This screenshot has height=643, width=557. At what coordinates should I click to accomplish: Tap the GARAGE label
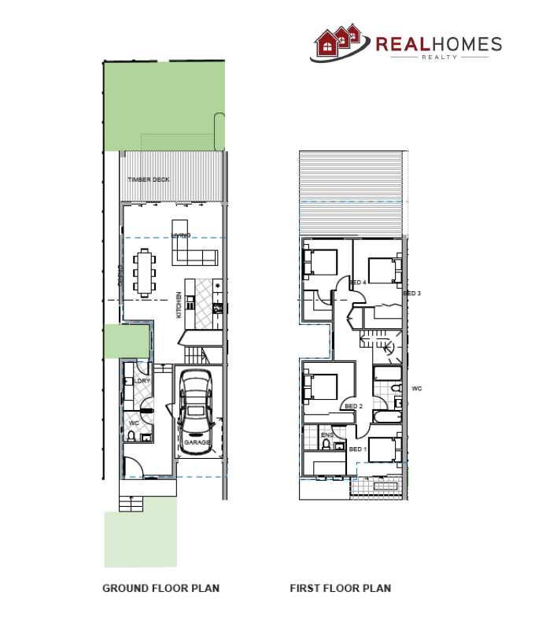pos(197,443)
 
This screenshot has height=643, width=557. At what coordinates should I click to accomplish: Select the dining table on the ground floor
pos(145,272)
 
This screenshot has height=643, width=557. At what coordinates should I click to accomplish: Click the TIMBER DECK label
pos(149,179)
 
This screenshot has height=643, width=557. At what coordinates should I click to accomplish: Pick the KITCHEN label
pos(179,304)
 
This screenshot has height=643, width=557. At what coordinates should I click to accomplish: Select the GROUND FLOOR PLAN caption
pos(160,588)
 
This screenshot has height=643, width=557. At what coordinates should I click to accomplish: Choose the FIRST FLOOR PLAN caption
pos(340,588)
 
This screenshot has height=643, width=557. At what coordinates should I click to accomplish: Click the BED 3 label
pos(412,294)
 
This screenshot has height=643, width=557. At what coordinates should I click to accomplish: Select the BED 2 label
pos(353,406)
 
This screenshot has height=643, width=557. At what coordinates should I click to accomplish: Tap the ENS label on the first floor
pos(327,434)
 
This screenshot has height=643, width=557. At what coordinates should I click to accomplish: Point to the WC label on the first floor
pos(417,388)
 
